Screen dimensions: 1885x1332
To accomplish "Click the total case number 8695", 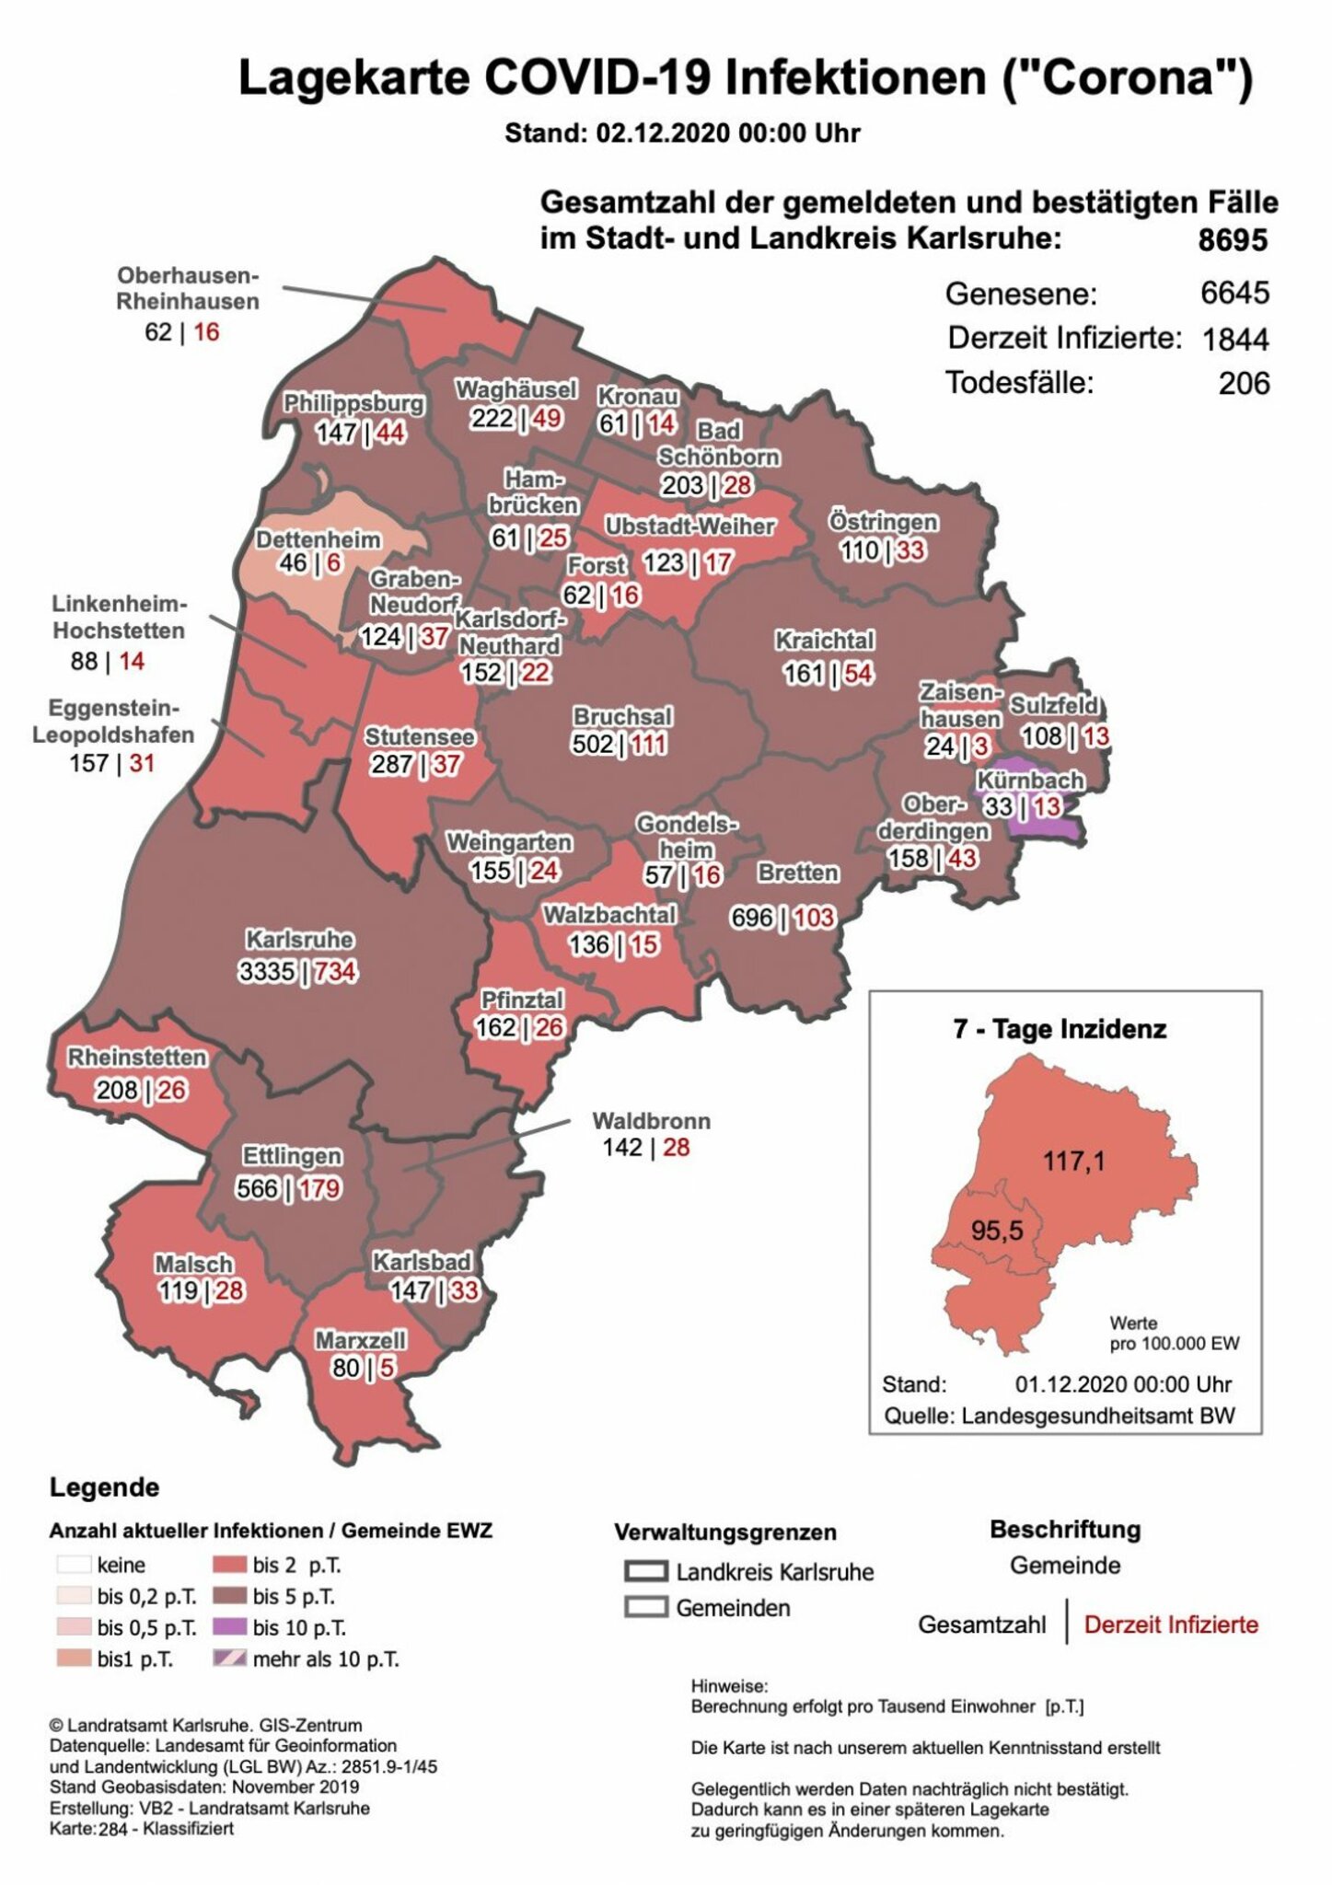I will pos(1232,240).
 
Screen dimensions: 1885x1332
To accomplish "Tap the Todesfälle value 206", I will pos(1244,383).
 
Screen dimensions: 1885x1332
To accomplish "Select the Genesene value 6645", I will pos(1234,294).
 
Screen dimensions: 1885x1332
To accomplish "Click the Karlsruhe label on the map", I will pos(299,940).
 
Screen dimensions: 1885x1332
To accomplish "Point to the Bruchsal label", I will pos(622,716).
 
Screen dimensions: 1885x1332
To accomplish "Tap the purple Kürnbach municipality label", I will pos(1030,781).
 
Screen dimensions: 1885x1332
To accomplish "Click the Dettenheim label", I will pos(318,539).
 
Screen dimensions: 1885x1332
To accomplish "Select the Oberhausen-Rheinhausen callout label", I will pos(188,289).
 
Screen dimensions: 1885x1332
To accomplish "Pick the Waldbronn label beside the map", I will pos(651,1121).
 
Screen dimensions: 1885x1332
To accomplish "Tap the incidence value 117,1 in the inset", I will pos(1073,1162).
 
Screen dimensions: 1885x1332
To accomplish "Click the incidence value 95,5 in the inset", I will pos(997,1230).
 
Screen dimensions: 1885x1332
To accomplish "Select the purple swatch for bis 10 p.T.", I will pos(229,1627).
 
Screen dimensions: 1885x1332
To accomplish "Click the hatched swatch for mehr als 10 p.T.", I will pos(229,1659).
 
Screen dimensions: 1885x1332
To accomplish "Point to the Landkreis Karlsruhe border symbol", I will pos(645,1571).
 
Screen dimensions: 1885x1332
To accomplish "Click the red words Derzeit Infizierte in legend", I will pos(1170,1625).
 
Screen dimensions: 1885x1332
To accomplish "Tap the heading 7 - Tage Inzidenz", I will pos(1059,1029).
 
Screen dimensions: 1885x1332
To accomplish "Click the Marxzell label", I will pos(360,1340).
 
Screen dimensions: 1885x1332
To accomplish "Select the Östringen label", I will pos(883,522).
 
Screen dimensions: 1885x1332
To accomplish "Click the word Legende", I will pos(104,1487).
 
